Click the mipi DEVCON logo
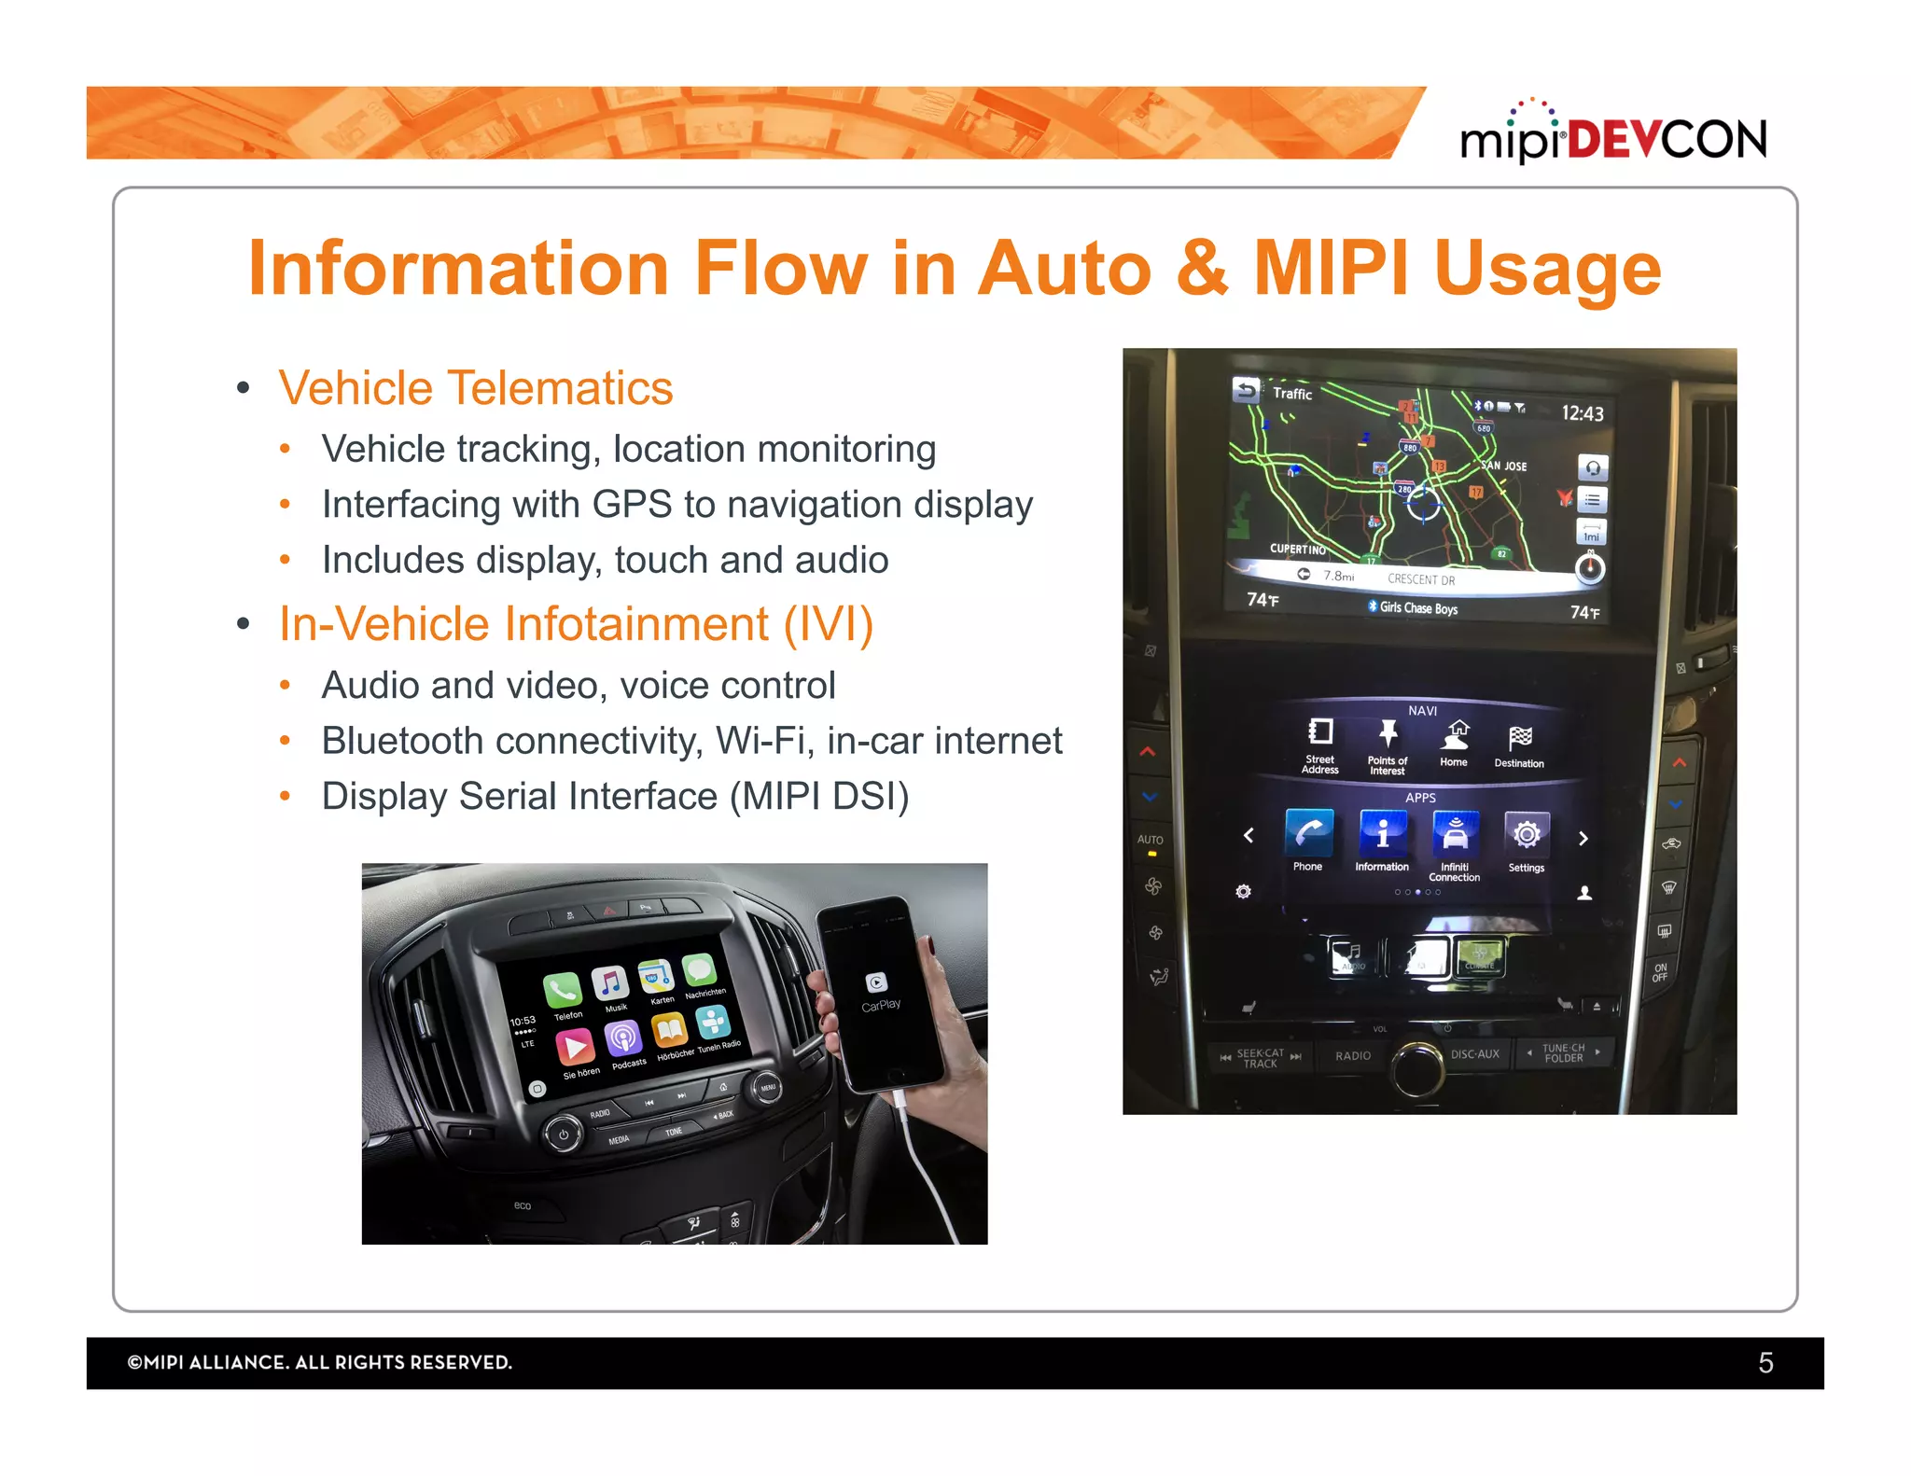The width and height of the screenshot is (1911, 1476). pyautogui.click(x=1612, y=138)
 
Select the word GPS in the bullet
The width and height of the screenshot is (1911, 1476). pyautogui.click(x=632, y=505)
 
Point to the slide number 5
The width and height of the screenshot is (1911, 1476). pyautogui.click(x=1765, y=1363)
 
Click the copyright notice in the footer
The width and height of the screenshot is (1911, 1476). pyautogui.click(x=319, y=1362)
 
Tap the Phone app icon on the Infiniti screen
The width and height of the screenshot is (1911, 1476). pyautogui.click(x=1308, y=833)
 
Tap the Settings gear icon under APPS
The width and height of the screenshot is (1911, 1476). pyautogui.click(x=1527, y=834)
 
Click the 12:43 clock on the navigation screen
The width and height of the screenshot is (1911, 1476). pyautogui.click(x=1582, y=413)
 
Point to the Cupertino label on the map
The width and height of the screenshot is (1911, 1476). pyautogui.click(x=1297, y=549)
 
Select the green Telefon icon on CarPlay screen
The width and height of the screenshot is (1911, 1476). pyautogui.click(x=562, y=989)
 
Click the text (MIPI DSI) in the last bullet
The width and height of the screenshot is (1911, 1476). pyautogui.click(x=819, y=797)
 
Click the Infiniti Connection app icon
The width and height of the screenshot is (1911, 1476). pyautogui.click(x=1455, y=833)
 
